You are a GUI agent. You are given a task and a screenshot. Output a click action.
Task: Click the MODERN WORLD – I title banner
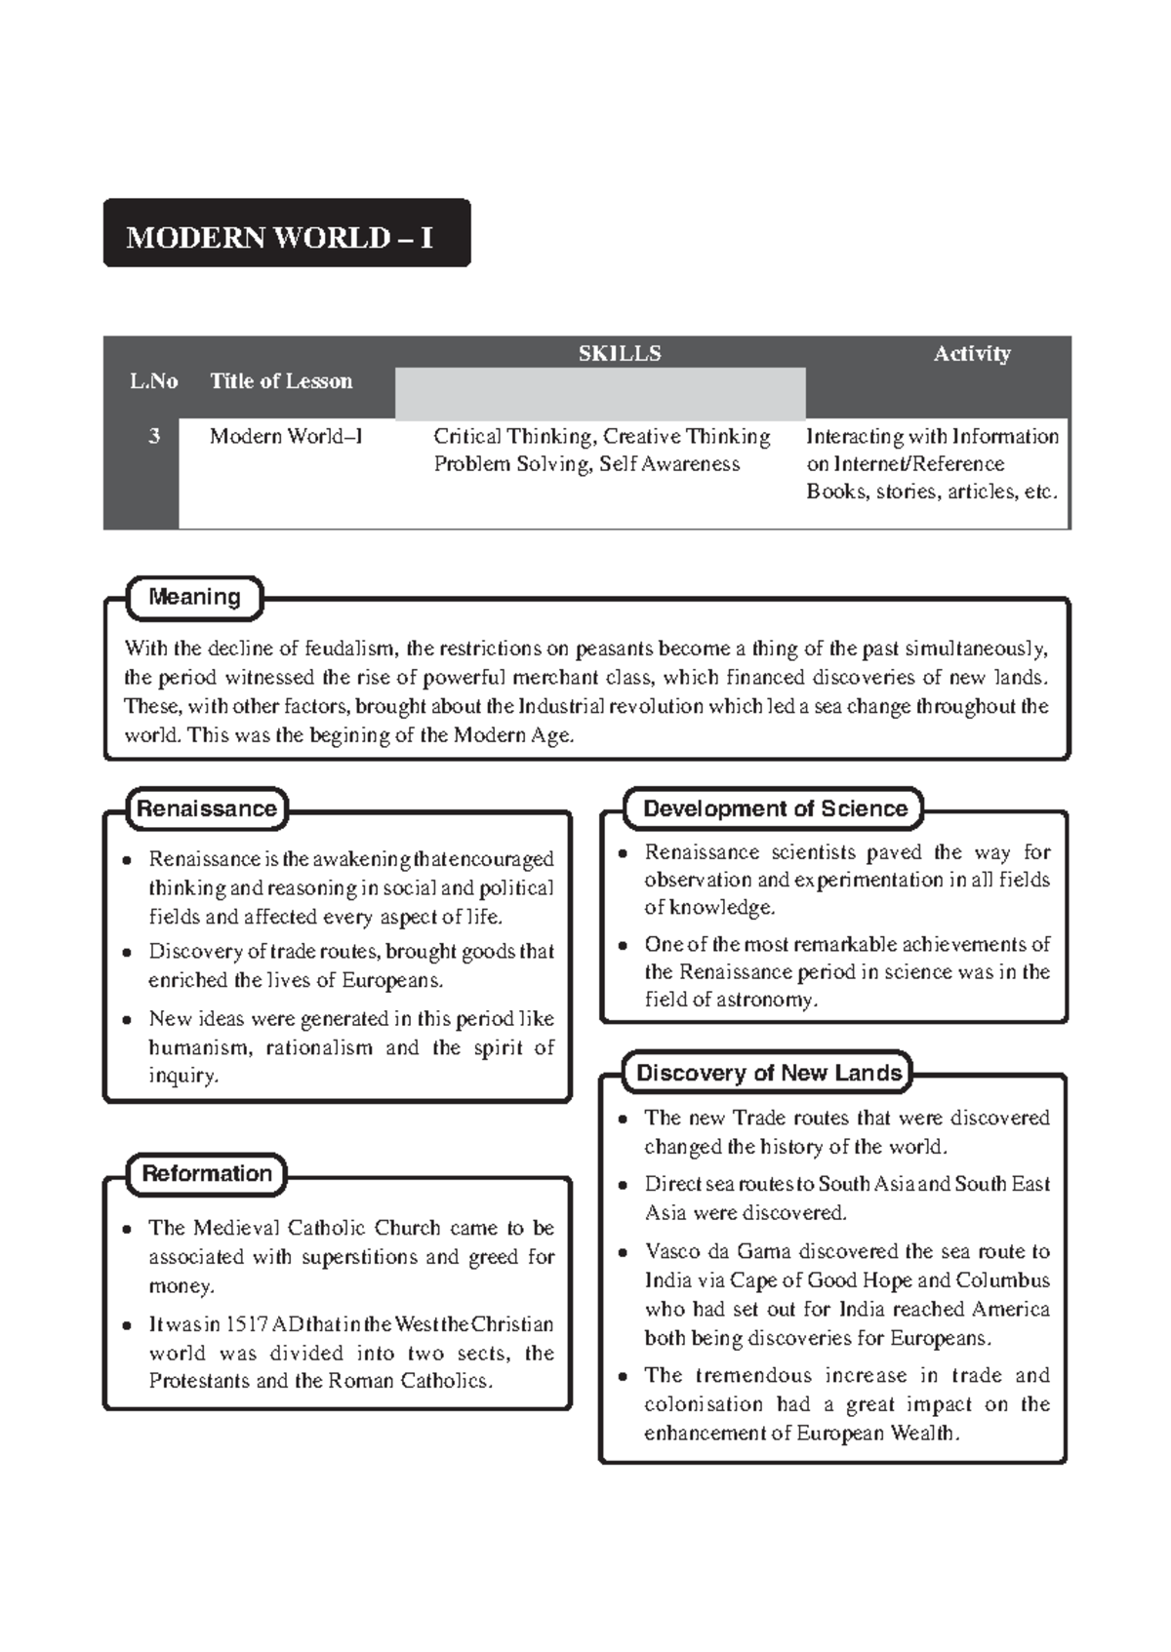(x=286, y=234)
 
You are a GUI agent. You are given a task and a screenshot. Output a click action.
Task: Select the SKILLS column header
(x=619, y=353)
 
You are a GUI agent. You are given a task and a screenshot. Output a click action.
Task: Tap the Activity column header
(x=971, y=353)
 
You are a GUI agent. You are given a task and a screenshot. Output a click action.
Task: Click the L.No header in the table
(x=153, y=381)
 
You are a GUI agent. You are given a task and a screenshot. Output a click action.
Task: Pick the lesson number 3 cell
(x=153, y=436)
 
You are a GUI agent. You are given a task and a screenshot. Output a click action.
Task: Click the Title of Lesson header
(x=281, y=381)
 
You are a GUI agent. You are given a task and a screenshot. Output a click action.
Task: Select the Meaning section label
(x=194, y=597)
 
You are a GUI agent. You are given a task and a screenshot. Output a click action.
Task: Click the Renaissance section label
(x=207, y=808)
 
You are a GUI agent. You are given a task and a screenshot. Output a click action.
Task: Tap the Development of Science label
(x=775, y=808)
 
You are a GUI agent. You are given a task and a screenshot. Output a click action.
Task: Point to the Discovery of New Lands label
(x=768, y=1073)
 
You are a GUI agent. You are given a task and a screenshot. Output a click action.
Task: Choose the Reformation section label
(x=207, y=1173)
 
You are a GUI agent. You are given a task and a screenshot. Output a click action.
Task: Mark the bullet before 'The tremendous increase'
(x=624, y=1377)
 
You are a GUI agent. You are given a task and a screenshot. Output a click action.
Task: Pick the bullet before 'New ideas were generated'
(x=128, y=1020)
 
